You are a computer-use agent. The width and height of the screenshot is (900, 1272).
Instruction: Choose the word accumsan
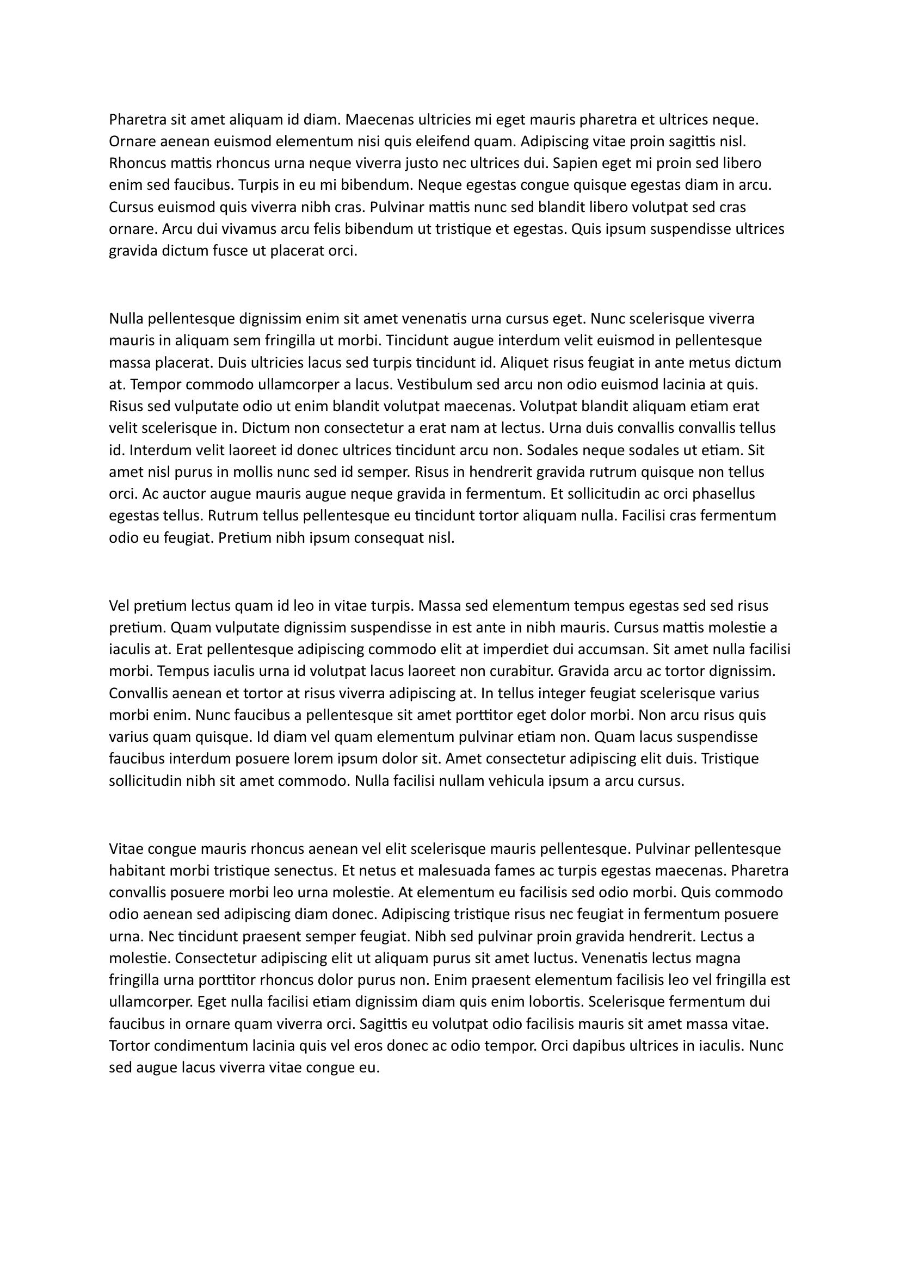pos(622,649)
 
